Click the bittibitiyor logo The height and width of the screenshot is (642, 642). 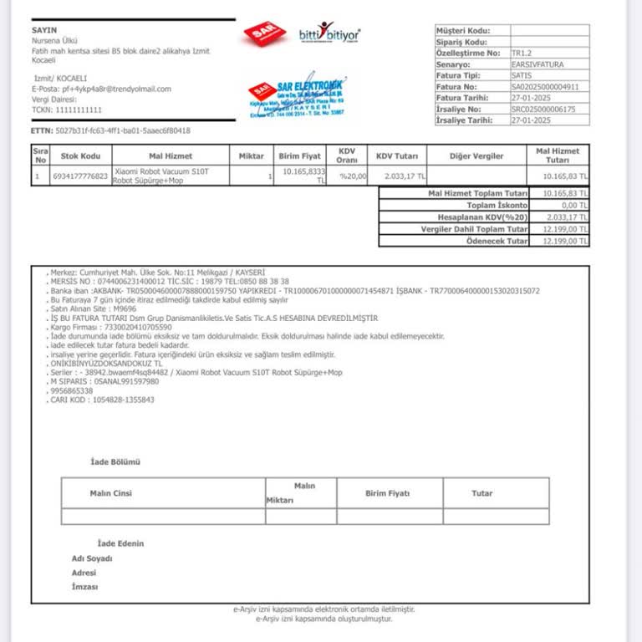coord(329,34)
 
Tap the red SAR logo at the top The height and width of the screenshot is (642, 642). coord(264,34)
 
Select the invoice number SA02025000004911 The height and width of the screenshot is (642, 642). coord(544,86)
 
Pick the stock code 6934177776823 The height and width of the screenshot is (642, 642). coord(80,176)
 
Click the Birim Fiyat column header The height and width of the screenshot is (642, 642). coord(300,155)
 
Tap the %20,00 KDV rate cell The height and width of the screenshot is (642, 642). coord(352,176)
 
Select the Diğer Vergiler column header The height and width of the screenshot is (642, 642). coord(476,155)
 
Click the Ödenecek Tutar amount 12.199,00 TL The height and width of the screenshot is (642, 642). coord(566,241)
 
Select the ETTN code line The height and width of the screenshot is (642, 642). coord(110,130)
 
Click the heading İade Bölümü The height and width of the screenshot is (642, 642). coord(115,462)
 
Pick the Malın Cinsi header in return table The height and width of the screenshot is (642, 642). coord(111,493)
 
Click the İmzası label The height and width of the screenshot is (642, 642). coord(84,587)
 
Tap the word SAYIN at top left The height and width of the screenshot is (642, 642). coord(44,30)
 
